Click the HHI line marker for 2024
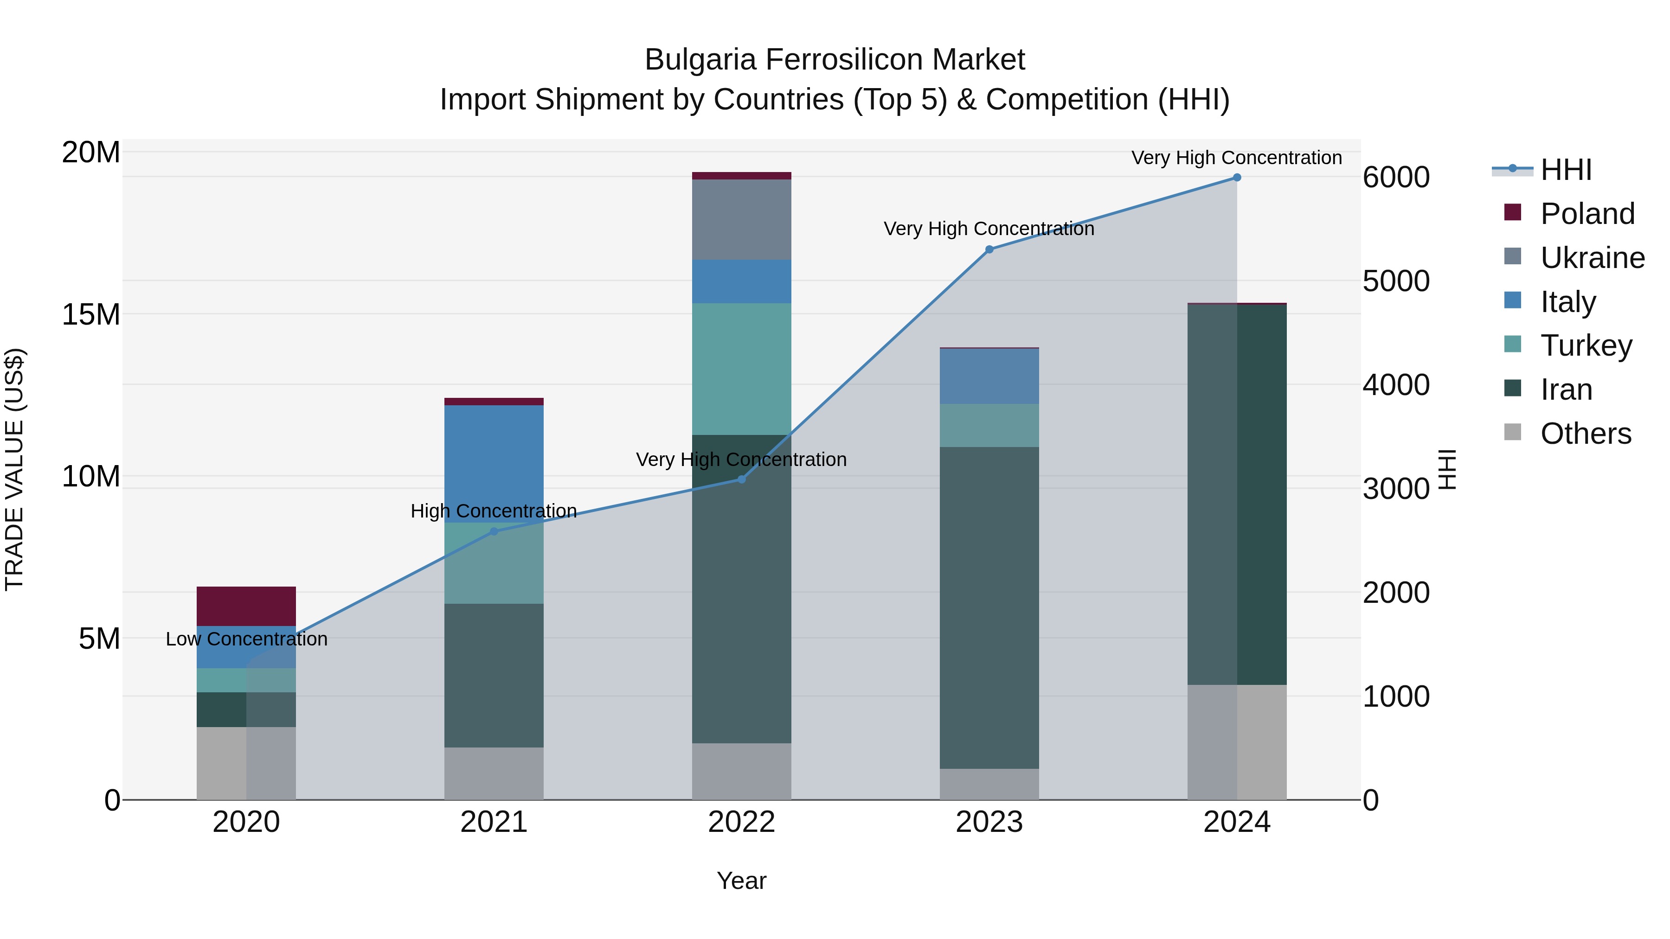(1237, 178)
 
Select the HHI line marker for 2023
(989, 249)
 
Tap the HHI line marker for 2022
(742, 479)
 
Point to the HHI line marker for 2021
(494, 531)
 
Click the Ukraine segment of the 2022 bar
(742, 220)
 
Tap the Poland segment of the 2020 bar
(246, 606)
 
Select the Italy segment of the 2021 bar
(494, 463)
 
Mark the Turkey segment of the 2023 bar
(989, 425)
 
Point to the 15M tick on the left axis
(91, 314)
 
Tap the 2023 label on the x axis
(989, 822)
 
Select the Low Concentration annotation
(246, 639)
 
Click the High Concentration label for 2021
(494, 511)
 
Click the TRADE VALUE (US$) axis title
(14, 469)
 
